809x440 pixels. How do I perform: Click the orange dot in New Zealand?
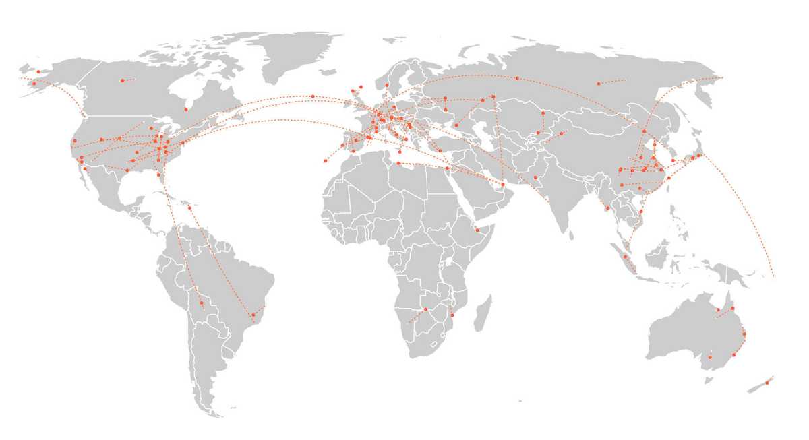point(767,383)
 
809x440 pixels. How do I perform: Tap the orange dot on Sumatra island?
point(625,256)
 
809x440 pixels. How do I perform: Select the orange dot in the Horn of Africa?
point(477,230)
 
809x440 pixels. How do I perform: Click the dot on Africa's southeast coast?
point(452,315)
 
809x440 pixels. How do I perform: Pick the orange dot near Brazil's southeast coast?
point(253,315)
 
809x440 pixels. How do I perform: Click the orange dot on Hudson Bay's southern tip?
point(186,109)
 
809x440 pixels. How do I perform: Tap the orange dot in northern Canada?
point(122,81)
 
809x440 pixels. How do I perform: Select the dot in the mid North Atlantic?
point(313,96)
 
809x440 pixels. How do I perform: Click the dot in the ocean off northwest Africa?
point(326,161)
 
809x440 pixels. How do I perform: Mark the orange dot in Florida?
point(159,175)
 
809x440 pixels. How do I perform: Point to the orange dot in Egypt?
point(446,168)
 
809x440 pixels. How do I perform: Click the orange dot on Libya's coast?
point(398,163)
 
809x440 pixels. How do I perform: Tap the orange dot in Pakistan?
point(535,177)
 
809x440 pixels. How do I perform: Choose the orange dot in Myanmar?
point(607,208)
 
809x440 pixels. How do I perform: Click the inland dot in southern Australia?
point(709,357)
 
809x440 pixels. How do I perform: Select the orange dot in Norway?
point(386,85)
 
